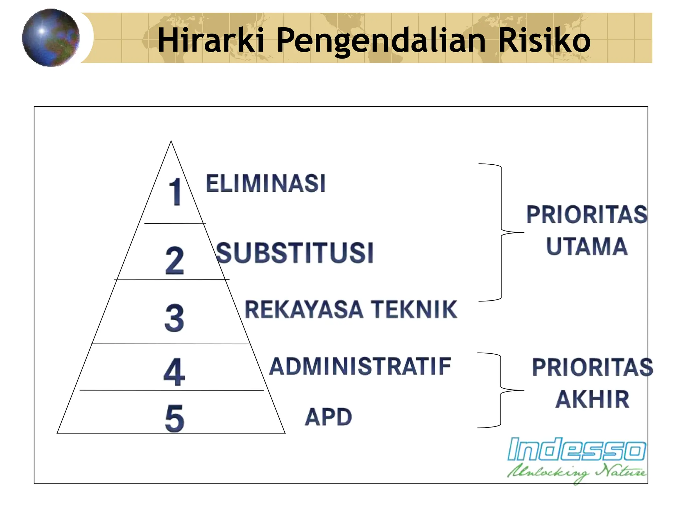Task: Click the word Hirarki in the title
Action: pyautogui.click(x=211, y=40)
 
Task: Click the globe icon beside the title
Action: pyautogui.click(x=51, y=38)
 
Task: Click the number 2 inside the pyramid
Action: pyautogui.click(x=174, y=260)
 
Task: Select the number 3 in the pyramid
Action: pyautogui.click(x=174, y=318)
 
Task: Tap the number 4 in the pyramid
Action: pyautogui.click(x=174, y=372)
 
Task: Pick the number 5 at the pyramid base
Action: pyautogui.click(x=174, y=418)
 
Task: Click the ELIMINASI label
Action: pyautogui.click(x=265, y=183)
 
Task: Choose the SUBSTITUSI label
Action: pyautogui.click(x=295, y=253)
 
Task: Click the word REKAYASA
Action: pyautogui.click(x=304, y=309)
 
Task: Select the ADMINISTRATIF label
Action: pyautogui.click(x=360, y=366)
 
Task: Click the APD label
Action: pyautogui.click(x=328, y=417)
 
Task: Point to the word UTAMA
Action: pyautogui.click(x=587, y=247)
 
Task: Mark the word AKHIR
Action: pyautogui.click(x=592, y=399)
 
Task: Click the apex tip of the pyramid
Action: pyautogui.click(x=171, y=142)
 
